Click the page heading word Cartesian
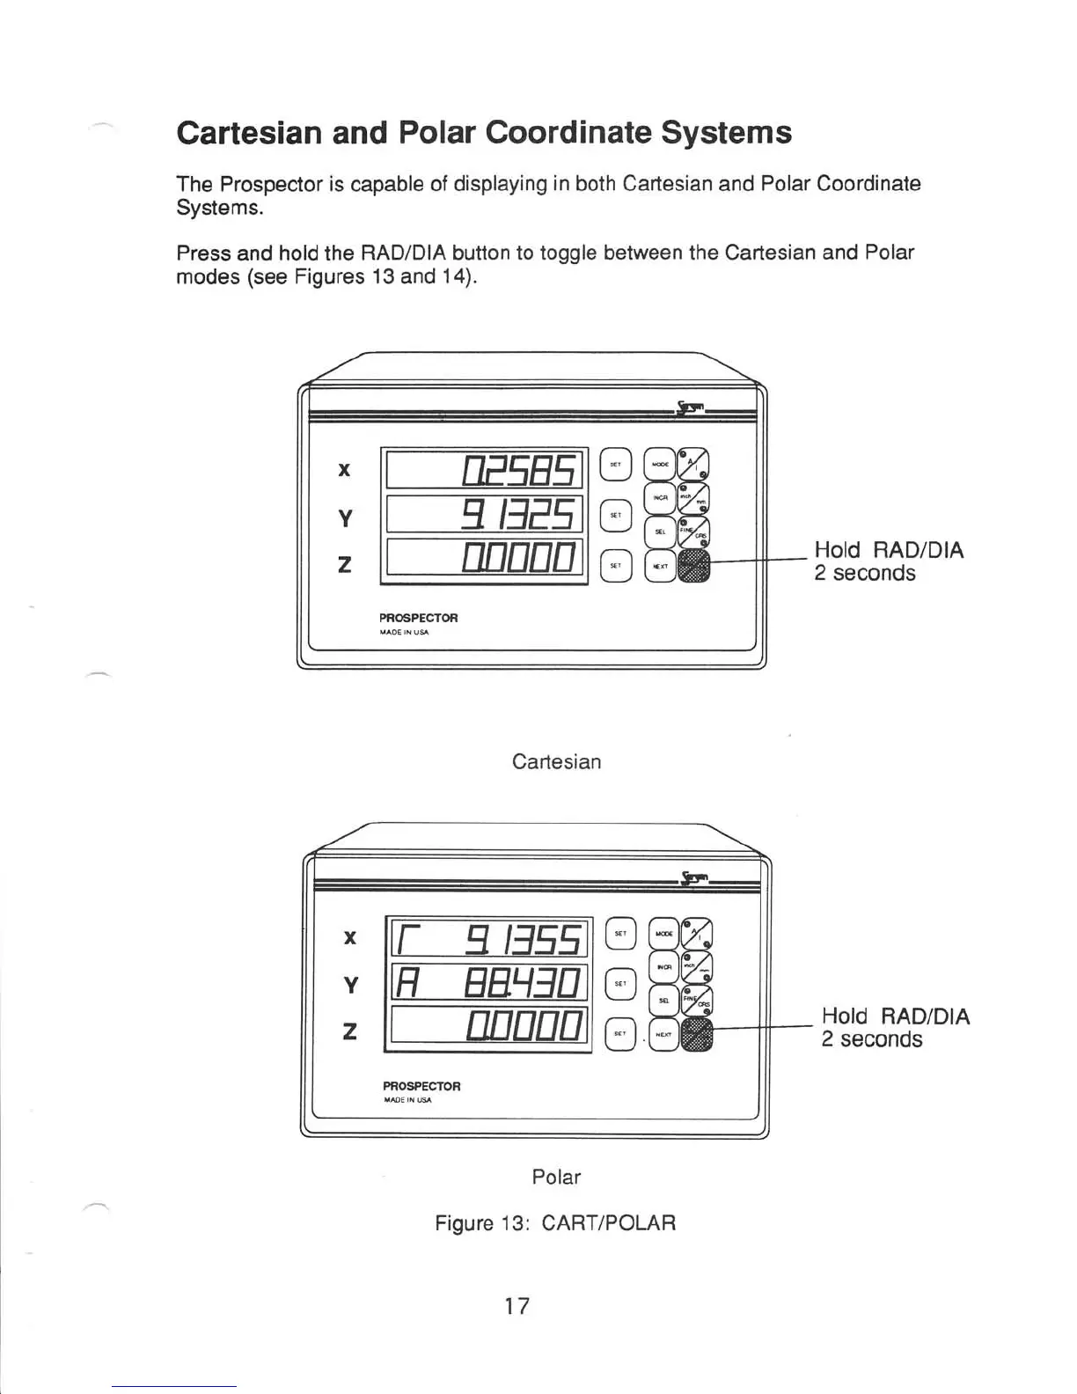tap(249, 133)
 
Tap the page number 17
tap(517, 1306)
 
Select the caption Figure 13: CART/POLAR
tap(555, 1223)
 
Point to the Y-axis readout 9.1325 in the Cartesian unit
tap(485, 515)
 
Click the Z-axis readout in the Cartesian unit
tap(485, 558)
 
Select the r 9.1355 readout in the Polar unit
tap(489, 939)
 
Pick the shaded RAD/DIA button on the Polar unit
tap(698, 1034)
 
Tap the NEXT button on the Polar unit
tap(664, 1035)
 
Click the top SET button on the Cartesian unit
tap(616, 464)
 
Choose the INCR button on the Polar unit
tap(663, 966)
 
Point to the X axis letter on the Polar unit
tap(350, 938)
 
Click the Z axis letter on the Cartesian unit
tap(344, 564)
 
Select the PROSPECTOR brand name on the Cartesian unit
tap(419, 618)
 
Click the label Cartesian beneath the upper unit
tap(556, 761)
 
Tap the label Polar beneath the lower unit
tap(556, 1177)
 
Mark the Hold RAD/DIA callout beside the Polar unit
tap(895, 1028)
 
